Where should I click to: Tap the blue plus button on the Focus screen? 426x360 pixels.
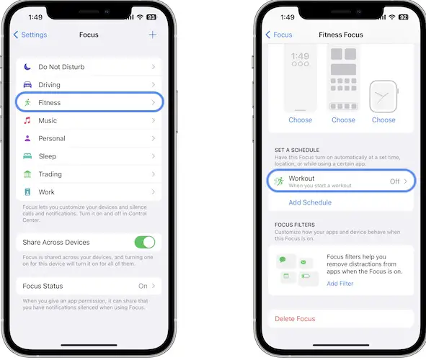pyautogui.click(x=153, y=35)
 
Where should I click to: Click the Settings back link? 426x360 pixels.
pyautogui.click(x=30, y=35)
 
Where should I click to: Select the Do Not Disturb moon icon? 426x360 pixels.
pyautogui.click(x=27, y=67)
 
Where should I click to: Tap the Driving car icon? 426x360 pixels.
pyautogui.click(x=27, y=85)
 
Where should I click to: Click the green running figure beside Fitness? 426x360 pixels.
pyautogui.click(x=27, y=102)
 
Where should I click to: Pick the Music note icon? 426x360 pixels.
pyautogui.click(x=27, y=120)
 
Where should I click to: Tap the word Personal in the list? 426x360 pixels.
pyautogui.click(x=52, y=138)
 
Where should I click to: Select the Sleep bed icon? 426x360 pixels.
pyautogui.click(x=27, y=156)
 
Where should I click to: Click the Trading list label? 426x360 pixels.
pyautogui.click(x=50, y=174)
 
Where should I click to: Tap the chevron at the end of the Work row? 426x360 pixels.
pyautogui.click(x=154, y=192)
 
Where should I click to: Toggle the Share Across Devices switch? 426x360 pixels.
pyautogui.click(x=145, y=242)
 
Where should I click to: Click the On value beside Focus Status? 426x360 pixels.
pyautogui.click(x=143, y=286)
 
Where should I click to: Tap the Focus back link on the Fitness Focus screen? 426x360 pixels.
pyautogui.click(x=279, y=35)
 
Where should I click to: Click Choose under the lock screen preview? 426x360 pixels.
pyautogui.click(x=300, y=120)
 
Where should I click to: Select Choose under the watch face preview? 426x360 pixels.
pyautogui.click(x=383, y=120)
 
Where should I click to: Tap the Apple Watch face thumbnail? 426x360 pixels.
pyautogui.click(x=383, y=96)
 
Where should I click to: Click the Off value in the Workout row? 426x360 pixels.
pyautogui.click(x=395, y=181)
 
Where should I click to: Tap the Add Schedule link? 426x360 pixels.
pyautogui.click(x=310, y=202)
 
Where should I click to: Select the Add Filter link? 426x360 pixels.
pyautogui.click(x=340, y=284)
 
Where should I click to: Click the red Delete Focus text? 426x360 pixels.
pyautogui.click(x=295, y=319)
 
